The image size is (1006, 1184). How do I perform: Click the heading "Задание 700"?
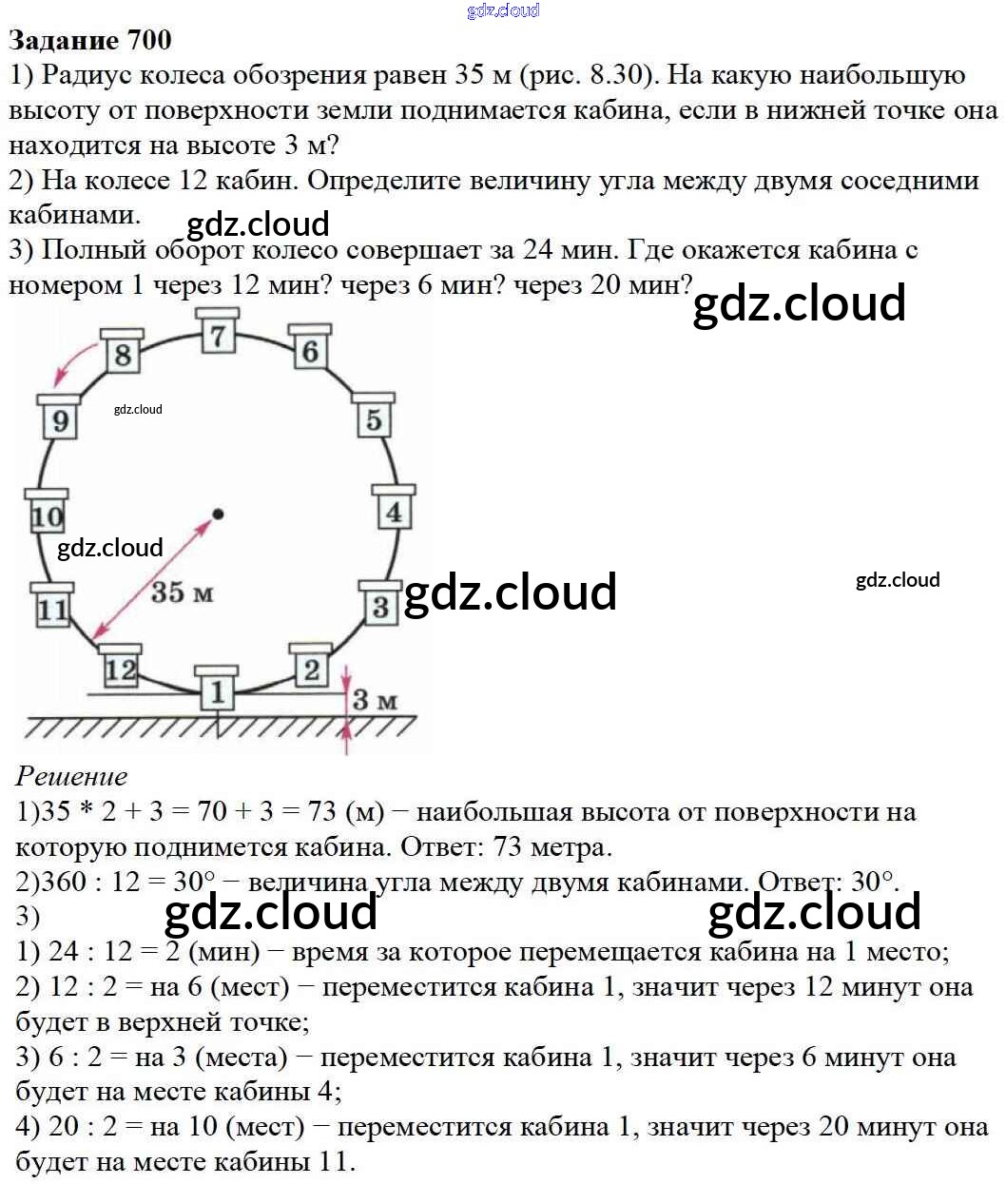[x=90, y=40]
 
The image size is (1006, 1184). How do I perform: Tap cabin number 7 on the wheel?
[x=219, y=334]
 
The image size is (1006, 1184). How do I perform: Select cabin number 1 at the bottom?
[x=218, y=690]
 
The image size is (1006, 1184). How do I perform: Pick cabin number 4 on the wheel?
[x=393, y=511]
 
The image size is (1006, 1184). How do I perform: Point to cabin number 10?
[x=47, y=515]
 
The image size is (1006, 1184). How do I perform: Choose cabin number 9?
[x=60, y=419]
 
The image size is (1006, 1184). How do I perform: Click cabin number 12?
[x=120, y=669]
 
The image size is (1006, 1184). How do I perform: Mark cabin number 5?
[x=374, y=418]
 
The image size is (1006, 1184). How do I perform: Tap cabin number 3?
[x=380, y=606]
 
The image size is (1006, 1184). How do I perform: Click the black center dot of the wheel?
[x=218, y=514]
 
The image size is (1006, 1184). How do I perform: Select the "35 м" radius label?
[x=182, y=592]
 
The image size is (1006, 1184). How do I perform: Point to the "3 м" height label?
[x=375, y=701]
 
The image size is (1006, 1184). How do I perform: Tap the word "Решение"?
[x=71, y=776]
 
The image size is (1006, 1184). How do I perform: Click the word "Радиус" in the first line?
[x=89, y=75]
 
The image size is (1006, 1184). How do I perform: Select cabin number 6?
[x=310, y=351]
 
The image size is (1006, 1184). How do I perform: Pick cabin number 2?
[x=311, y=669]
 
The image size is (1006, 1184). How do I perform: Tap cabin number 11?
[x=52, y=609]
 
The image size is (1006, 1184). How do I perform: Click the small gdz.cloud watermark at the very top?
[x=503, y=10]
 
